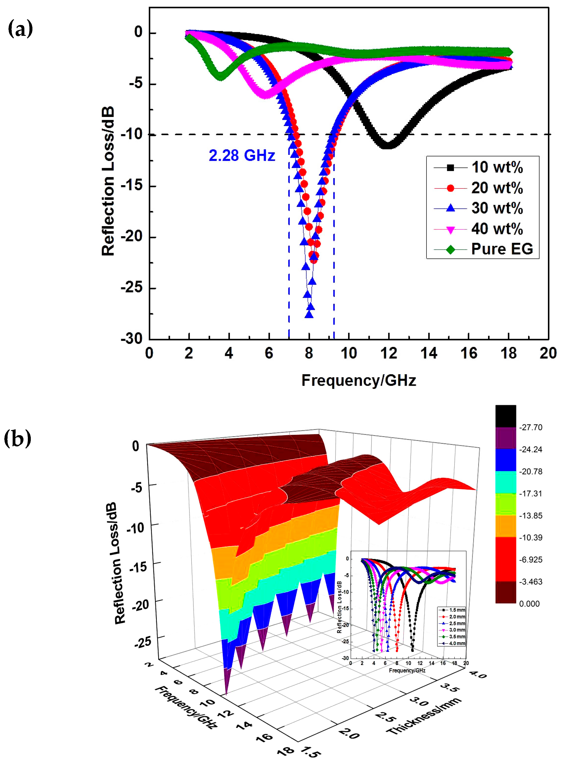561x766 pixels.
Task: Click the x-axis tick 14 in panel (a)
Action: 429,353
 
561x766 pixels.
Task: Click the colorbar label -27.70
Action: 530,428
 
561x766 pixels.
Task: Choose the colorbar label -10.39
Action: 530,538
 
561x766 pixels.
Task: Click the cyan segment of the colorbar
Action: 505,482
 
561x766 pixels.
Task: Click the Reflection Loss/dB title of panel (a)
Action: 108,182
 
